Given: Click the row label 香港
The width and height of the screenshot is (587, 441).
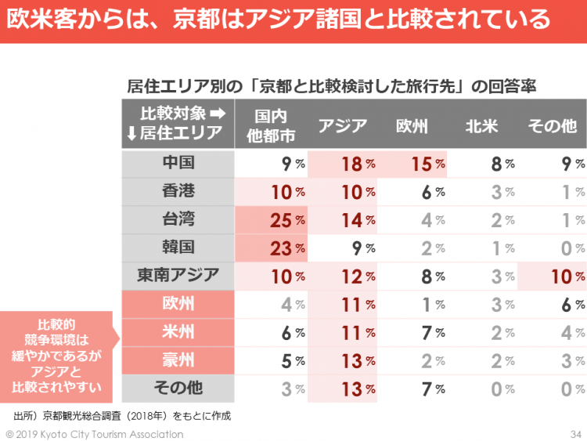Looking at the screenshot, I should pos(178,191).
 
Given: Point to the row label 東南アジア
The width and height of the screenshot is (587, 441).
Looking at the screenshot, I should pos(178,275).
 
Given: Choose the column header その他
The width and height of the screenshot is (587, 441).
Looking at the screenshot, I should pos(552,125).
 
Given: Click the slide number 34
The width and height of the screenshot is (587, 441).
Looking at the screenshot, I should pos(576,434).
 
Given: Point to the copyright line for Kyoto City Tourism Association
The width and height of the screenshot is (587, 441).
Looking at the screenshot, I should pos(95,434).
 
